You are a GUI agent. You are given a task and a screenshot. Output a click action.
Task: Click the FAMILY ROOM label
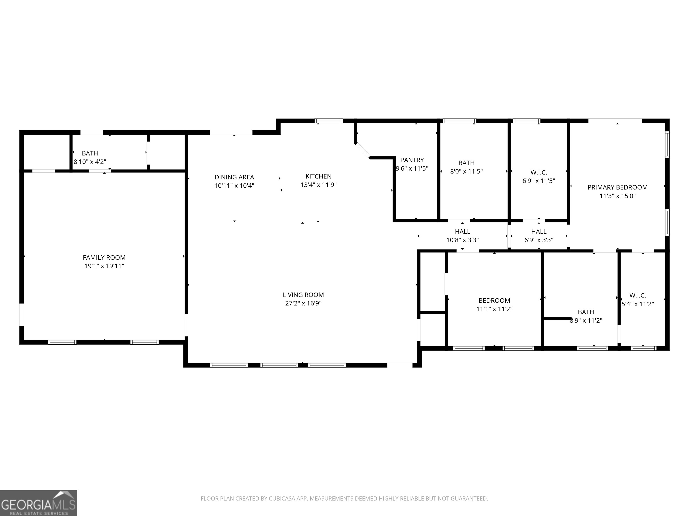click(104, 258)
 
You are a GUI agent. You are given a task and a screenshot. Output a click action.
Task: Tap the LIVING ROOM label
click(303, 295)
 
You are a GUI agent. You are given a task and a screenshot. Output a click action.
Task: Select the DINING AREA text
click(234, 177)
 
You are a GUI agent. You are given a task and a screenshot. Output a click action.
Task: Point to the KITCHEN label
click(318, 176)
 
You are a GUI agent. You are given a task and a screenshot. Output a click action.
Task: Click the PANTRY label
click(412, 160)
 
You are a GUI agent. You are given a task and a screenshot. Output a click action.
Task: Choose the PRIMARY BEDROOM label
click(617, 187)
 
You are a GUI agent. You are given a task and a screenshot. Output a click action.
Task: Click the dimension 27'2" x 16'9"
click(303, 303)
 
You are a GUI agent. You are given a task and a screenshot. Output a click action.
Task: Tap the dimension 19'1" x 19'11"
click(104, 266)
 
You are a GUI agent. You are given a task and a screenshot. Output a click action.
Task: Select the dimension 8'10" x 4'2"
click(90, 162)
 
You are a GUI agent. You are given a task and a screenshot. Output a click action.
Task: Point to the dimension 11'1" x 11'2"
click(494, 309)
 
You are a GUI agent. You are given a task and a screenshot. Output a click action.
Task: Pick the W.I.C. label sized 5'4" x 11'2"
click(638, 295)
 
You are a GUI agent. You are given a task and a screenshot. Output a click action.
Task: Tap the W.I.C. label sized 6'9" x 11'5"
click(539, 172)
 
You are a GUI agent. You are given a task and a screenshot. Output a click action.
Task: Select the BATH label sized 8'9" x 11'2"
click(586, 312)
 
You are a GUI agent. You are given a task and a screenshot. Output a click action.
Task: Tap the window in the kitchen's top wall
click(329, 121)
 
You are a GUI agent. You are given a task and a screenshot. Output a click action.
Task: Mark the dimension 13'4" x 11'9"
click(318, 185)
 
